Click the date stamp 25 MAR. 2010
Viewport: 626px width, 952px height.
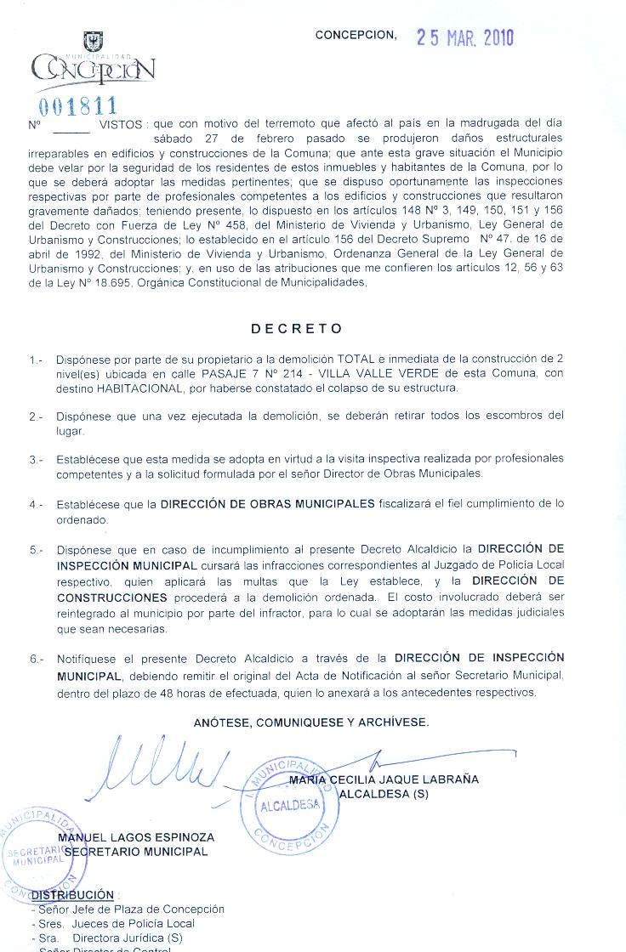point(464,38)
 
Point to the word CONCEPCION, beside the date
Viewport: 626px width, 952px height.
point(356,36)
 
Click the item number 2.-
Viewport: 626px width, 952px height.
point(36,416)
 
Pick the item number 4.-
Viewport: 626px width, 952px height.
point(36,504)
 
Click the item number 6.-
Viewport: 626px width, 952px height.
point(36,659)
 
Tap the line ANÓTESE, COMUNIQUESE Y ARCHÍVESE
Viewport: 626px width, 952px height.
point(311,722)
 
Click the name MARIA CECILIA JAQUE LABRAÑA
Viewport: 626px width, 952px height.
point(384,779)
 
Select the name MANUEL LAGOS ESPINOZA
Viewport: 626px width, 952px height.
point(135,838)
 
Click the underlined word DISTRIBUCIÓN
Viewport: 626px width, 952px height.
point(72,895)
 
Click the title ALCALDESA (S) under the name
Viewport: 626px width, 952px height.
point(384,795)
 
